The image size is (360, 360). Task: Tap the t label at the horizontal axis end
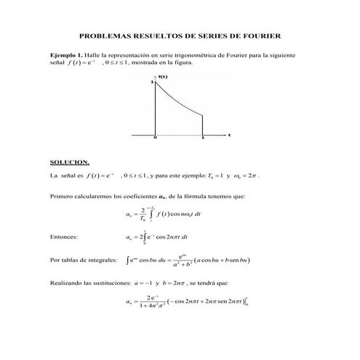(229, 135)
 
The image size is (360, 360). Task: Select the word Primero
(61, 196)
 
